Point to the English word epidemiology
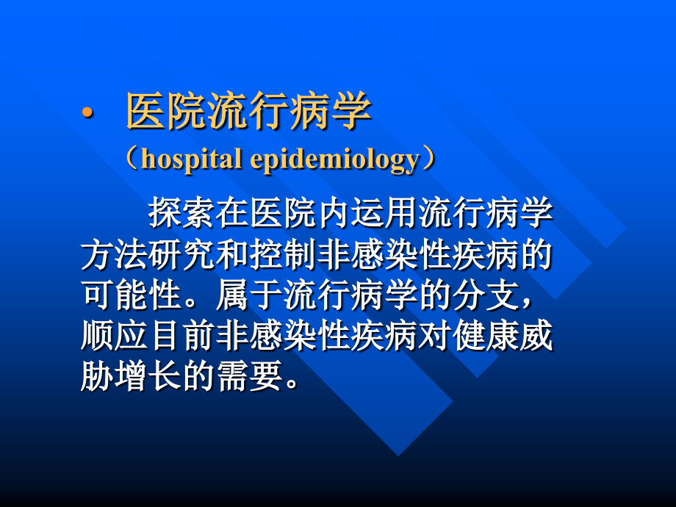[x=334, y=160]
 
